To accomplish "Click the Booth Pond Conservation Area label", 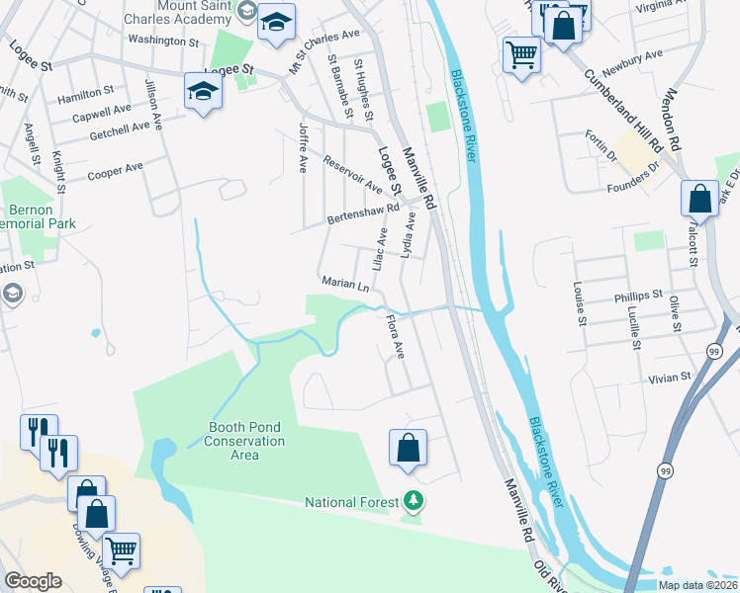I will click(x=243, y=441).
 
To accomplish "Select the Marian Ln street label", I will click(x=345, y=284).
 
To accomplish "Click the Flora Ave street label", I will click(x=396, y=336).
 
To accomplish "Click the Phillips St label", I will click(x=637, y=296).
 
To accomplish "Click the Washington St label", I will click(x=163, y=41).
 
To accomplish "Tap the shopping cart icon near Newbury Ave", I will click(x=521, y=53).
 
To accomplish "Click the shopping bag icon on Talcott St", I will click(x=699, y=199).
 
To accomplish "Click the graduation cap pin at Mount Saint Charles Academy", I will click(x=276, y=21).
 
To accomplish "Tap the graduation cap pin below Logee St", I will click(x=203, y=92).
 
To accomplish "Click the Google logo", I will click(x=33, y=581).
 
